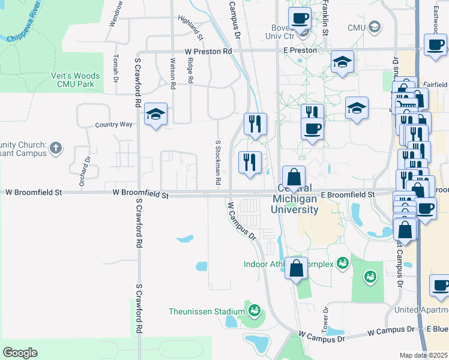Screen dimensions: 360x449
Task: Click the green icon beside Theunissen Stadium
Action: [x=255, y=311]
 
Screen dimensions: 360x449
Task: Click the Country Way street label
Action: [x=113, y=125]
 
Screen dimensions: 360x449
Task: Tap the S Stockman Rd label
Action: [x=218, y=163]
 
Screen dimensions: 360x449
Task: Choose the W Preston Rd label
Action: [x=208, y=52]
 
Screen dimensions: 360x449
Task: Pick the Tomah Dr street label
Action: [x=116, y=68]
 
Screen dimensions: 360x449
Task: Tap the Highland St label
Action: [x=191, y=28]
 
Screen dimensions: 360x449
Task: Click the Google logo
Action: [x=20, y=353]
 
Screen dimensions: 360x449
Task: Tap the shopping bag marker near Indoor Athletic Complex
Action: [x=296, y=268]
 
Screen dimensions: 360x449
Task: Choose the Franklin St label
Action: [x=325, y=17]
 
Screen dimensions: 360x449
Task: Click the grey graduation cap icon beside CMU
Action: [x=375, y=26]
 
